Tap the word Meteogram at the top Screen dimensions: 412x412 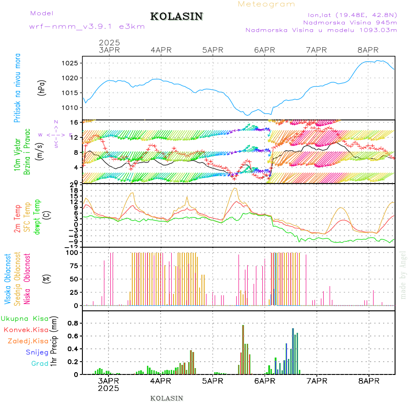click(x=266, y=4)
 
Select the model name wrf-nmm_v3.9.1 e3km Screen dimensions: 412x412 click(x=87, y=27)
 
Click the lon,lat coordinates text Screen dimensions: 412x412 click(x=351, y=14)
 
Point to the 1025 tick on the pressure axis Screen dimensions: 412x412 click(x=73, y=63)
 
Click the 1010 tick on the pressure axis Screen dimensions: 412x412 click(x=73, y=108)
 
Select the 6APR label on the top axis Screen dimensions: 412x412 click(x=264, y=50)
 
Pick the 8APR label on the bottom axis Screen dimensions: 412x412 click(x=369, y=381)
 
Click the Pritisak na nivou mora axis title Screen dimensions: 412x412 click(x=17, y=88)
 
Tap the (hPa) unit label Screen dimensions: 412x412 click(x=42, y=88)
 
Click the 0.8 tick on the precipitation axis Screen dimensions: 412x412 click(x=73, y=323)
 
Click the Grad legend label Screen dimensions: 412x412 click(x=39, y=364)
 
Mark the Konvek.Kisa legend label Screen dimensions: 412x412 click(x=26, y=330)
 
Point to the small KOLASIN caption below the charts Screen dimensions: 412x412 click(x=167, y=398)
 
